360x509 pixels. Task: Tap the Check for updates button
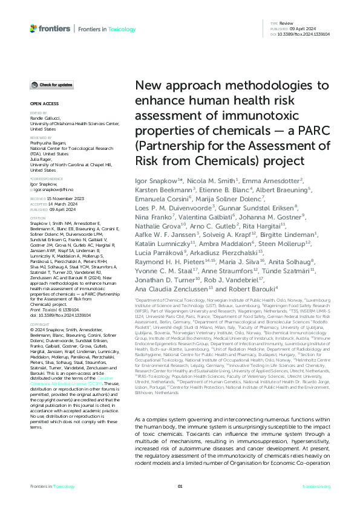[x=53, y=85]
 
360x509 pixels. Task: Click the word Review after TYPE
[x=286, y=22]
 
